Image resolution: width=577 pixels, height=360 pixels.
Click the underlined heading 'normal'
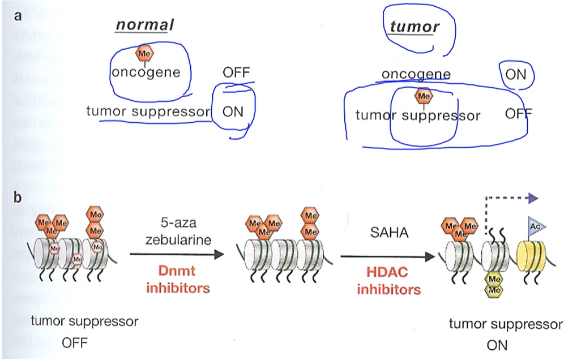click(x=144, y=24)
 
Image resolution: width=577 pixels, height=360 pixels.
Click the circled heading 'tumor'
click(x=414, y=26)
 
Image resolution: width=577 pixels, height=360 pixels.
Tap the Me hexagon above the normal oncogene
click(x=144, y=54)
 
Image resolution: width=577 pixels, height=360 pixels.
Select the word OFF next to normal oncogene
click(x=236, y=72)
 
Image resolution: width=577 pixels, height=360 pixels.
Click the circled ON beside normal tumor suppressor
click(x=233, y=111)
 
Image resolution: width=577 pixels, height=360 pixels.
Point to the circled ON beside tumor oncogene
click(x=515, y=74)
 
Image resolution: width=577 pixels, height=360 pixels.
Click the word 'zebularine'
click(x=178, y=239)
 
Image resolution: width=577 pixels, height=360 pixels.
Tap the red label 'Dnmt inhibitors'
click(x=178, y=280)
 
